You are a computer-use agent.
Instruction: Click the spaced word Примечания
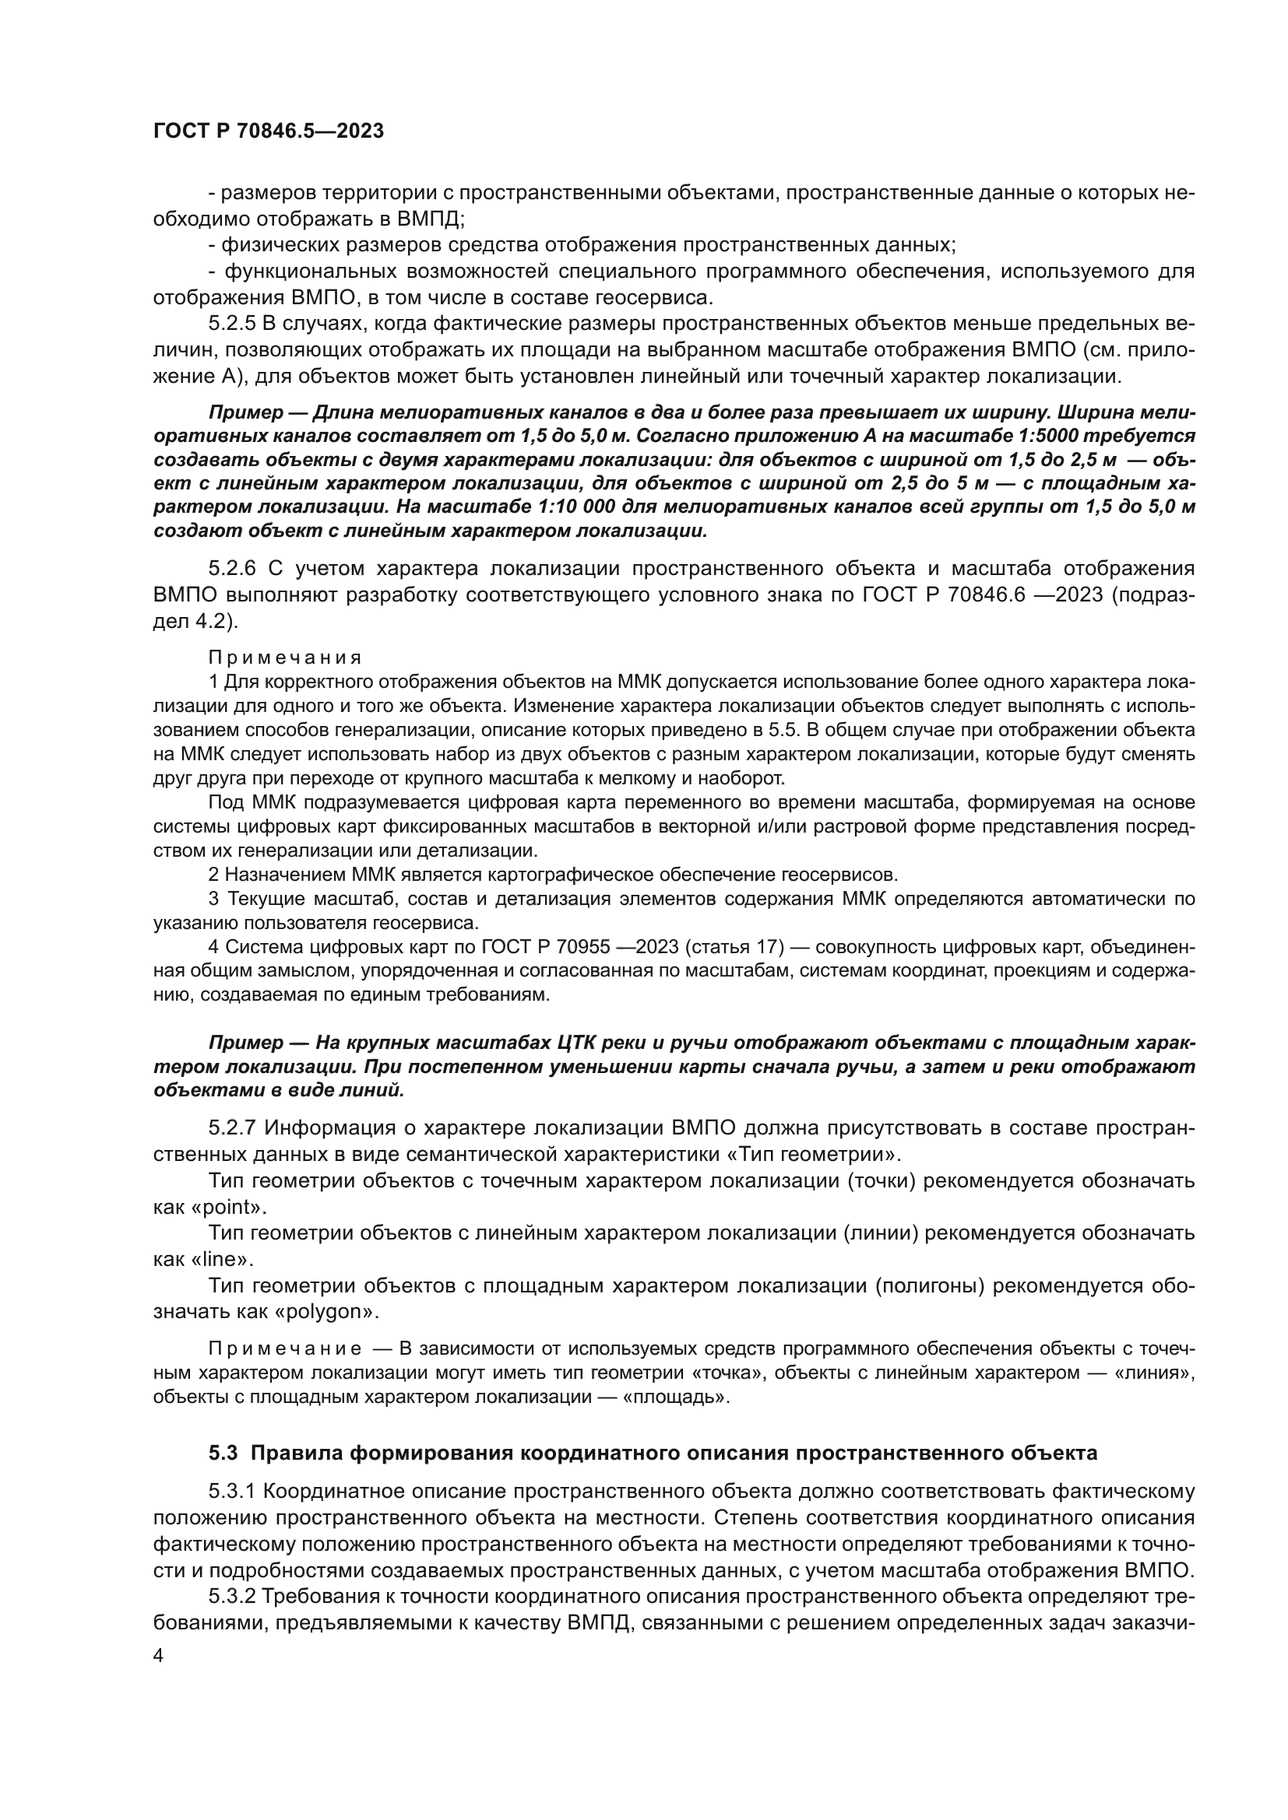coord(285,658)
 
